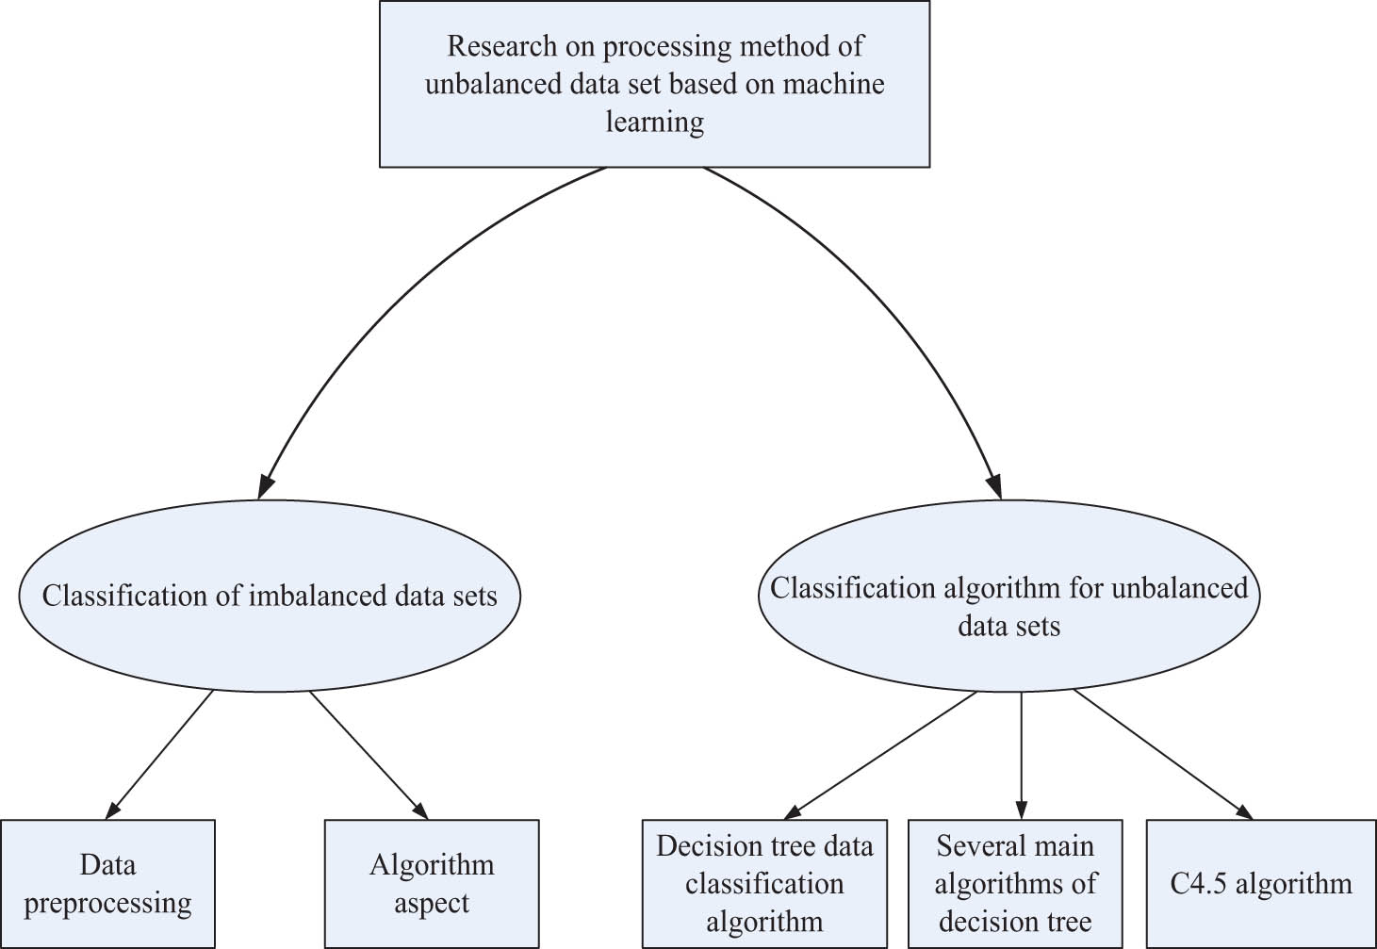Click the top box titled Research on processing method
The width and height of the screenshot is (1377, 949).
654,84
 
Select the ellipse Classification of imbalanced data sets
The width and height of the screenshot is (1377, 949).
270,596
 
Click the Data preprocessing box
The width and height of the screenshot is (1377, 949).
107,883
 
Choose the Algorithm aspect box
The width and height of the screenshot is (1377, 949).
432,883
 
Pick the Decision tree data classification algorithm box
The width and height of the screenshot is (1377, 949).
764,883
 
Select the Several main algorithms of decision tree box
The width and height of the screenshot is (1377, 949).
1015,883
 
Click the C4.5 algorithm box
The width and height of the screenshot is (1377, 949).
1261,883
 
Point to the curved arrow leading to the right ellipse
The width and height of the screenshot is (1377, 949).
895,302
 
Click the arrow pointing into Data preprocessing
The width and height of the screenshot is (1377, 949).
160,754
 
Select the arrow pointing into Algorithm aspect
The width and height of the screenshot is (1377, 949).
368,754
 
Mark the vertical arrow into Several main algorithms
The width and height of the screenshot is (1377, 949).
1022,754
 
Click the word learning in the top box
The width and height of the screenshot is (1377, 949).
654,123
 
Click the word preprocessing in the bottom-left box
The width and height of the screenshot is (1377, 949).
107,903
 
